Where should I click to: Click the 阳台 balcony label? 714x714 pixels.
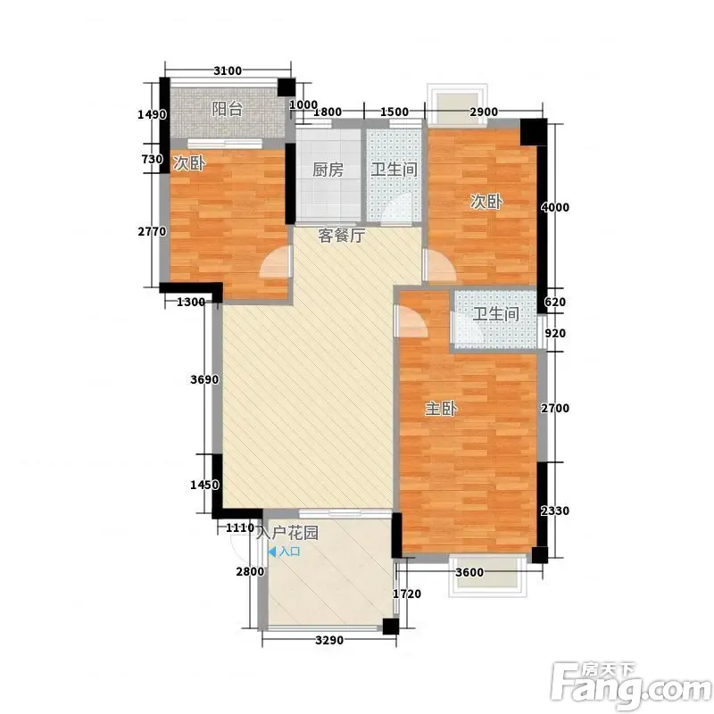pyautogui.click(x=228, y=109)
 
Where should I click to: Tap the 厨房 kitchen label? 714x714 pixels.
pyautogui.click(x=328, y=170)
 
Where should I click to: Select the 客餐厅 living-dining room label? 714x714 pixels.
pyautogui.click(x=341, y=236)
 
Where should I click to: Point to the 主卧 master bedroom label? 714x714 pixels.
pyautogui.click(x=441, y=409)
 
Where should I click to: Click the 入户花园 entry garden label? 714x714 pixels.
pyautogui.click(x=286, y=532)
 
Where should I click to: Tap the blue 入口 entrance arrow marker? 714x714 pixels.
pyautogui.click(x=272, y=552)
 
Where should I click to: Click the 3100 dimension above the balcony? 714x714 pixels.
pyautogui.click(x=228, y=71)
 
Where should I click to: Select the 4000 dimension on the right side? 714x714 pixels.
pyautogui.click(x=555, y=207)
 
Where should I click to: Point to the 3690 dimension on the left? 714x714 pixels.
pyautogui.click(x=204, y=379)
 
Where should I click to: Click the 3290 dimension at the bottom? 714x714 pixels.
pyautogui.click(x=329, y=640)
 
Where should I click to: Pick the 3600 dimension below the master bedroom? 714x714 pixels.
pyautogui.click(x=469, y=572)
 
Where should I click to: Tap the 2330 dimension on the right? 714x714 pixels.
pyautogui.click(x=555, y=511)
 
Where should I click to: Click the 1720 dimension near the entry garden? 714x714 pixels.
pyautogui.click(x=407, y=594)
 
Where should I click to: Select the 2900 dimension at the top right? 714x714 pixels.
pyautogui.click(x=484, y=112)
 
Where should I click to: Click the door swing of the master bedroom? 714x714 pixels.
pyautogui.click(x=412, y=320)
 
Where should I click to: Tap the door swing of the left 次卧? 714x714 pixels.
pyautogui.click(x=274, y=262)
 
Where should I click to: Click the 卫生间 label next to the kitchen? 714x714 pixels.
pyautogui.click(x=394, y=170)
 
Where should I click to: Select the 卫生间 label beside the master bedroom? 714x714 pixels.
pyautogui.click(x=496, y=314)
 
